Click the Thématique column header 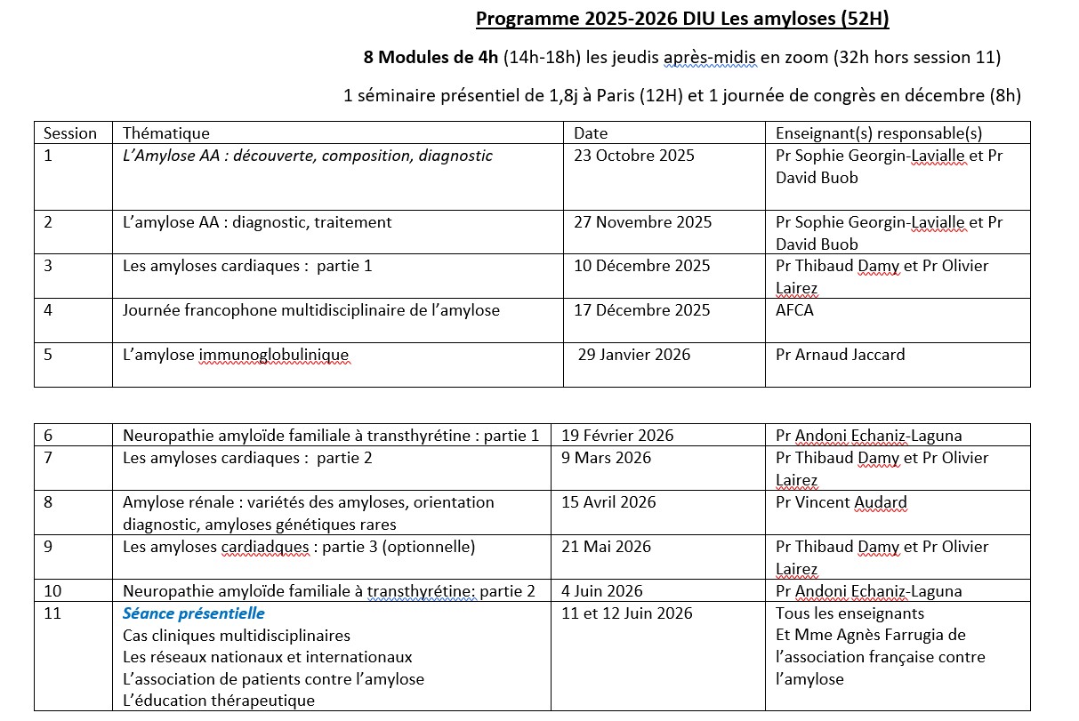[x=166, y=133]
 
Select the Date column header [x=591, y=133]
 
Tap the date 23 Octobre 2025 [x=634, y=156]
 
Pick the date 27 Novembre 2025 [x=642, y=222]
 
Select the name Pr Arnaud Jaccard [x=840, y=355]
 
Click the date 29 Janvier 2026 [x=633, y=355]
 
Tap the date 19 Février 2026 [x=617, y=436]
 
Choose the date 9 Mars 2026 [x=606, y=458]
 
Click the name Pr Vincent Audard [x=841, y=502]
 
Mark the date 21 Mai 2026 [x=606, y=547]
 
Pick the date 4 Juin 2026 [x=602, y=591]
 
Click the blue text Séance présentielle [x=194, y=613]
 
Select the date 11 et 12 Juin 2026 [x=627, y=613]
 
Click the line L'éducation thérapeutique [x=219, y=701]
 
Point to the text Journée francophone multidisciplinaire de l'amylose [x=311, y=310]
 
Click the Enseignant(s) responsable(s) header [x=879, y=133]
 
